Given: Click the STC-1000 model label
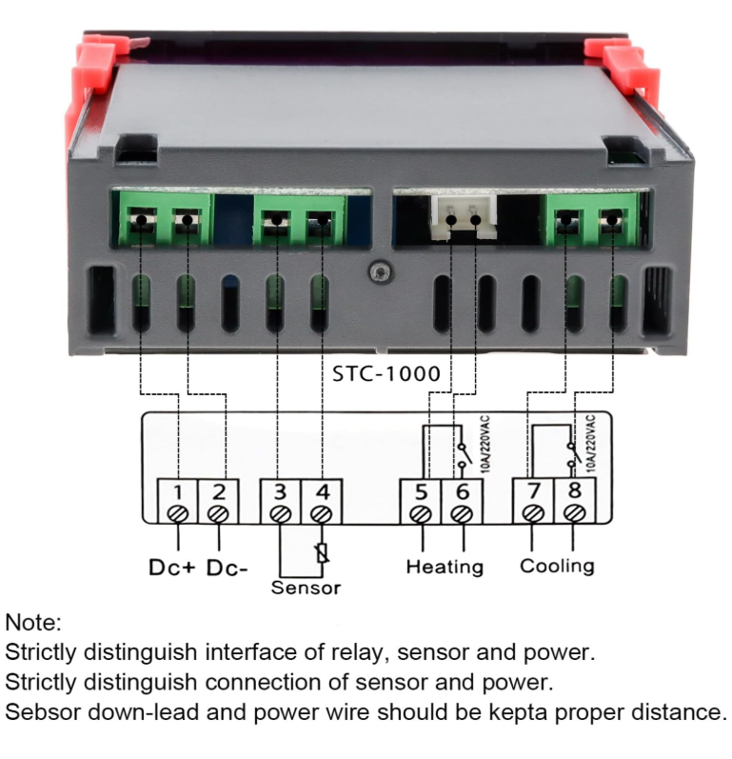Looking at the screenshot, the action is [386, 373].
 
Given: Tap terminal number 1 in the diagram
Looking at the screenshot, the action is [177, 502].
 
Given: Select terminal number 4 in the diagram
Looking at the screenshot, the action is [322, 502].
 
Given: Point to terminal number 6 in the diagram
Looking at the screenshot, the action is [462, 502].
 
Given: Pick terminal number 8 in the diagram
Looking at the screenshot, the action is [575, 501].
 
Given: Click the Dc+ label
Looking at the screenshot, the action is [171, 568].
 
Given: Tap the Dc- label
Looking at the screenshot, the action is [227, 568].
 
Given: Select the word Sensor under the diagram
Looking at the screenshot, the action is [306, 588].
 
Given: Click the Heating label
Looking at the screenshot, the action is [445, 567].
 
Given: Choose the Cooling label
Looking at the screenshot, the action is [557, 566].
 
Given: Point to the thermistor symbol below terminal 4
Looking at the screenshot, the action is [323, 553].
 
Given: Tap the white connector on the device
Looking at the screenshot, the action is [464, 217].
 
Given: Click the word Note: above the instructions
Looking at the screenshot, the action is [33, 623].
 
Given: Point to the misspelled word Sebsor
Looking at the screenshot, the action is [43, 712].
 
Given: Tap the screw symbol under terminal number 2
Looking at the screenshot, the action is [218, 513].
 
